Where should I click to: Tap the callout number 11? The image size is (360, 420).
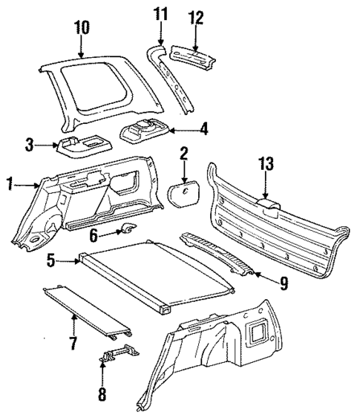pyautogui.click(x=162, y=14)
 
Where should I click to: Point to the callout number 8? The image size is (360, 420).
pyautogui.click(x=102, y=394)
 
